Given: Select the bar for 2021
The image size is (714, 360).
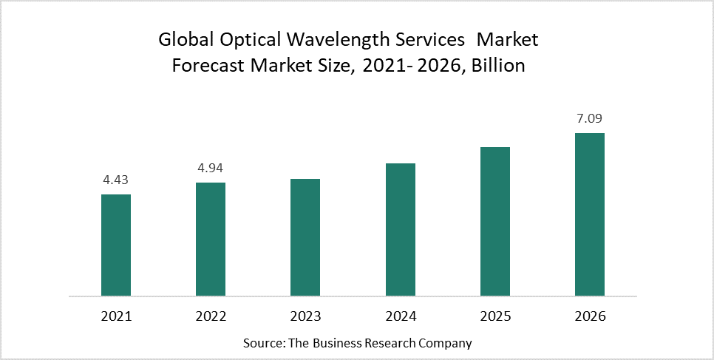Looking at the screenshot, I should (116, 245).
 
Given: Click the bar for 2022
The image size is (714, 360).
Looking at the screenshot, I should (211, 240).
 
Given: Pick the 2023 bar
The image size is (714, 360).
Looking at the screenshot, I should (305, 237).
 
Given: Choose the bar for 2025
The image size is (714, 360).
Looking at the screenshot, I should (494, 222).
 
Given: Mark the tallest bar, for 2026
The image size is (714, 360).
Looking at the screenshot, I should (589, 214).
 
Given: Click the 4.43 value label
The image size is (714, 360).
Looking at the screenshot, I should (116, 180).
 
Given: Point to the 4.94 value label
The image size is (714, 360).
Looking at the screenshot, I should (211, 168).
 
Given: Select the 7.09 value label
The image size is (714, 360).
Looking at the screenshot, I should (589, 118).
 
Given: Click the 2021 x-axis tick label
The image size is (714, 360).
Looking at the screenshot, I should (116, 316).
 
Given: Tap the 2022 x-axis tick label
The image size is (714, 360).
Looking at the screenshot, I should (211, 316).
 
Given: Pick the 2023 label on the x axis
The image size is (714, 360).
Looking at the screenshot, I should (305, 316).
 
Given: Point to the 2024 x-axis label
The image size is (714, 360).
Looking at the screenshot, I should (400, 316).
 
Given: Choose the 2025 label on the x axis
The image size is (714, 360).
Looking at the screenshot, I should (494, 316).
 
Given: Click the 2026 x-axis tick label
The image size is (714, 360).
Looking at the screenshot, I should (589, 316).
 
